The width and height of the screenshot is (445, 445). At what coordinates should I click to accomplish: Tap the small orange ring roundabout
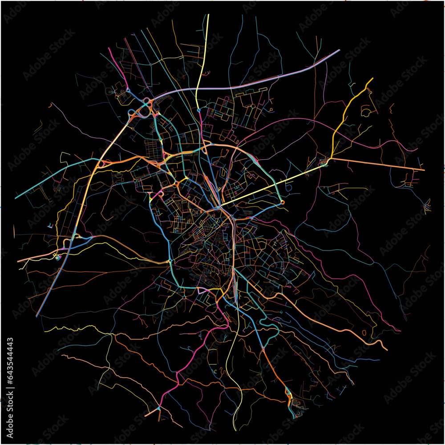coord(283,203)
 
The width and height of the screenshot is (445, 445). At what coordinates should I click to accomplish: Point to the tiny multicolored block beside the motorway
coord(57,257)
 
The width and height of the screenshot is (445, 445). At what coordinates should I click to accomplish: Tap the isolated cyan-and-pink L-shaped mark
coord(50,226)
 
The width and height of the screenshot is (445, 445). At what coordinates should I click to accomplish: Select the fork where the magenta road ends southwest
coord(158,408)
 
